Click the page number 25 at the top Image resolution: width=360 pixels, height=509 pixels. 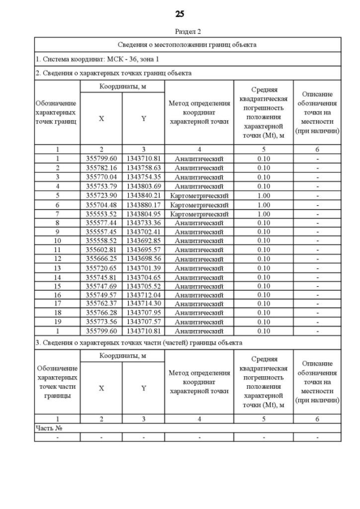pyautogui.click(x=180, y=13)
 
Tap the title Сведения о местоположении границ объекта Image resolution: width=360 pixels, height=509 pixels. pyautogui.click(x=187, y=44)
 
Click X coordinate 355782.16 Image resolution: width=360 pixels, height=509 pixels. pyautogui.click(x=101, y=168)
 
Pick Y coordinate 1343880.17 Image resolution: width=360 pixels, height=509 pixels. pyautogui.click(x=143, y=204)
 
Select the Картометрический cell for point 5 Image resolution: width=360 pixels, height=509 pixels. pyautogui.click(x=199, y=195)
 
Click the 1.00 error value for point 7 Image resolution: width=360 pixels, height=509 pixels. pyautogui.click(x=263, y=213)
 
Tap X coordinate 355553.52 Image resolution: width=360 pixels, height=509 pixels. pyautogui.click(x=101, y=213)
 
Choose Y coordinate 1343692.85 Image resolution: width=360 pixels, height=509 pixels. pyautogui.click(x=143, y=240)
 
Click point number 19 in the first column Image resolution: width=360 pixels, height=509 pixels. pyautogui.click(x=57, y=322)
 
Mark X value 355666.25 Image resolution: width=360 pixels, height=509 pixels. pyautogui.click(x=101, y=258)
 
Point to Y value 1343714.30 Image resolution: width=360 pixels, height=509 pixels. pyautogui.click(x=143, y=304)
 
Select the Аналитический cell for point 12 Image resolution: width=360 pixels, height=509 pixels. pyautogui.click(x=199, y=259)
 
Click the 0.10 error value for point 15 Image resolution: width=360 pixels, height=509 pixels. pyautogui.click(x=263, y=286)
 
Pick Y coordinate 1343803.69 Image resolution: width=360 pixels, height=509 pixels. pyautogui.click(x=143, y=186)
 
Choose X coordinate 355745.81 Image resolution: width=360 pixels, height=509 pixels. pyautogui.click(x=101, y=277)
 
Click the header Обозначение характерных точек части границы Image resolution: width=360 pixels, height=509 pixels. pyautogui.click(x=57, y=382)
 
